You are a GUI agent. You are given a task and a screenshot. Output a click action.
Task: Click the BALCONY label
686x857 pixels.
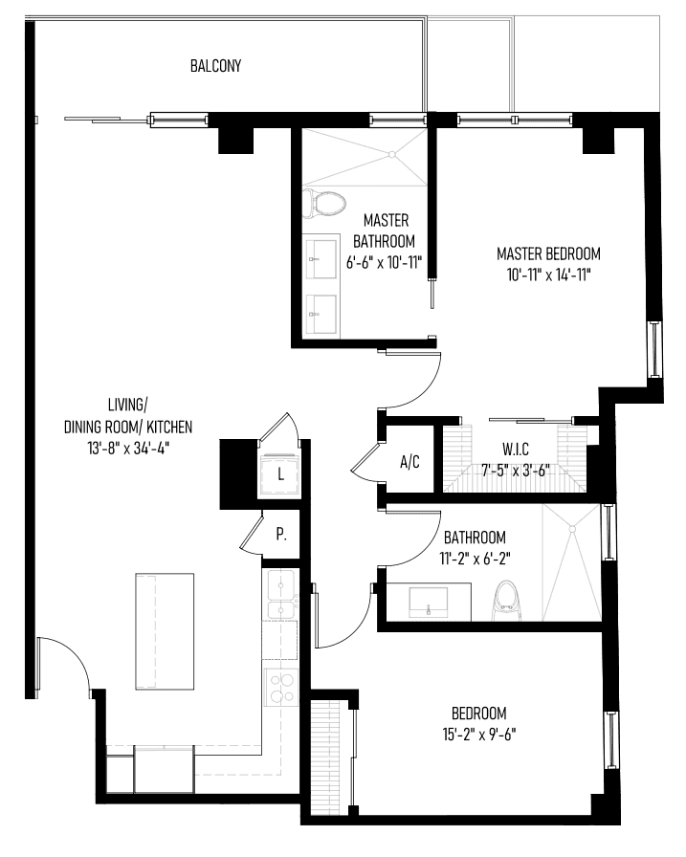pos(215,66)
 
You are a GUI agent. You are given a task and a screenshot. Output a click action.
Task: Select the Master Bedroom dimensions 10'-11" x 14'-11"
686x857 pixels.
pos(549,275)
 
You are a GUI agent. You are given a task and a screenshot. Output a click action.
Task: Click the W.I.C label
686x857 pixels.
pos(516,450)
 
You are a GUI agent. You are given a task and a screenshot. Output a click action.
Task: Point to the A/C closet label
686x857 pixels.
pos(409,462)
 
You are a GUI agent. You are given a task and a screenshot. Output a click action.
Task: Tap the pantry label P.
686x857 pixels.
pos(281,534)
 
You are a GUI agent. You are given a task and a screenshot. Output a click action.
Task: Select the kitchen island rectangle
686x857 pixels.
pos(165,632)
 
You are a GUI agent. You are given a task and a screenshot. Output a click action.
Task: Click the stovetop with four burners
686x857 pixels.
pos(281,688)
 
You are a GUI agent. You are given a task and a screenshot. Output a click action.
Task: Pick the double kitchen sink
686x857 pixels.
pos(280,594)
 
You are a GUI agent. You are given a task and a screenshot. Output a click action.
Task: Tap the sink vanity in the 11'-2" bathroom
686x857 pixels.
pos(429,602)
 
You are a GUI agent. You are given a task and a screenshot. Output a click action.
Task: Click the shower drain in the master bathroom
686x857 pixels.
pos(392,155)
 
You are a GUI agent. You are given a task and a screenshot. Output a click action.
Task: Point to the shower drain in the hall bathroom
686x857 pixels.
pos(572,529)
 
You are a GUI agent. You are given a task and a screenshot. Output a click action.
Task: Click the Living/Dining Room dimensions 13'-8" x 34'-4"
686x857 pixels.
pos(128,449)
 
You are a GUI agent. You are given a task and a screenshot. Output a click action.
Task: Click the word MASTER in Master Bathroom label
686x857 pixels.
pos(386,220)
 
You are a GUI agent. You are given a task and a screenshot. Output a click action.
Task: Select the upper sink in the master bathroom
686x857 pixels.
pos(321,258)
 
